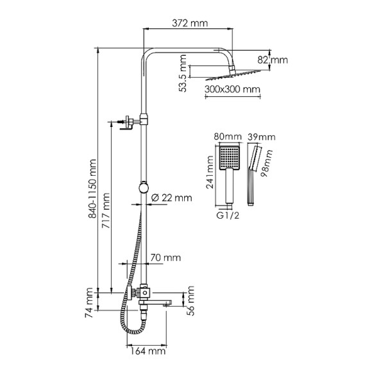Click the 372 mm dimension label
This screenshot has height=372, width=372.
coord(190,24)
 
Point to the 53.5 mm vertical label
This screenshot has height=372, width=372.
coord(184,74)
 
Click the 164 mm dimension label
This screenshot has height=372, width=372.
coord(147,351)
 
